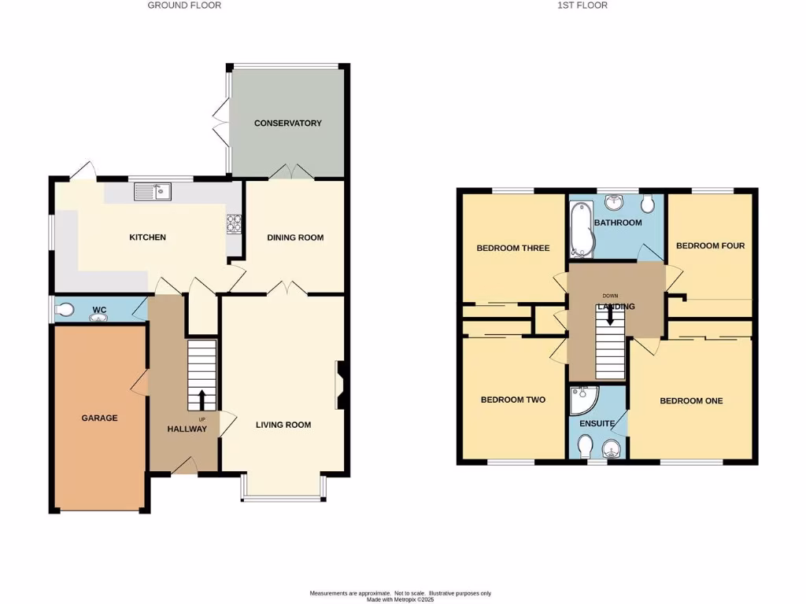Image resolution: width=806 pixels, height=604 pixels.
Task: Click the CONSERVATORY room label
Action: pyautogui.click(x=287, y=123)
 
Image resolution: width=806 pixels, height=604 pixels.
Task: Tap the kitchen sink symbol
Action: pyautogui.click(x=153, y=191)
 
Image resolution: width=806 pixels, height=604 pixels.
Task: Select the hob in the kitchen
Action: pyautogui.click(x=234, y=224)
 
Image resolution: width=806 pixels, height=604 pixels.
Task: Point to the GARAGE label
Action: pyautogui.click(x=99, y=418)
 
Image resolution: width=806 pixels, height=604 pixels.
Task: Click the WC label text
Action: pyautogui.click(x=100, y=310)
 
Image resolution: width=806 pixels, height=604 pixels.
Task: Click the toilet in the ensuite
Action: pyautogui.click(x=585, y=447)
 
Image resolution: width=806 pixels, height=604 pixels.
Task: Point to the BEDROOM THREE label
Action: pyautogui.click(x=513, y=249)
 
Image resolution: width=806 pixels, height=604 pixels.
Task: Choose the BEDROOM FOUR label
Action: pyautogui.click(x=710, y=245)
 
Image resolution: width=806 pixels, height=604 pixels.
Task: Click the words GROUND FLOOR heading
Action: pyautogui.click(x=185, y=6)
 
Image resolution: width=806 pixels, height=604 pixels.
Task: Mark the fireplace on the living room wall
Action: pyautogui.click(x=341, y=385)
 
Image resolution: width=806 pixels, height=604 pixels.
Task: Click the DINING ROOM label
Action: pyautogui.click(x=295, y=238)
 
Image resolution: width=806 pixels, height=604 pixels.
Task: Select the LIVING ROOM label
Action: pyautogui.click(x=283, y=425)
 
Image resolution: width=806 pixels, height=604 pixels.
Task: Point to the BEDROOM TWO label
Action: pyautogui.click(x=513, y=400)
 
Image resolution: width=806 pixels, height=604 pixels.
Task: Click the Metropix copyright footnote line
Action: pyautogui.click(x=401, y=598)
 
